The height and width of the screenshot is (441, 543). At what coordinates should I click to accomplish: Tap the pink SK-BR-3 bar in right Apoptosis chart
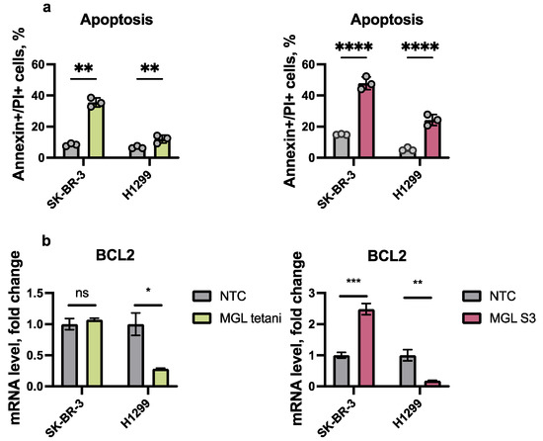pyautogui.click(x=366, y=121)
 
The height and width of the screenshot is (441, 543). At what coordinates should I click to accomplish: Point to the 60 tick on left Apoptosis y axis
pyautogui.click(x=42, y=65)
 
